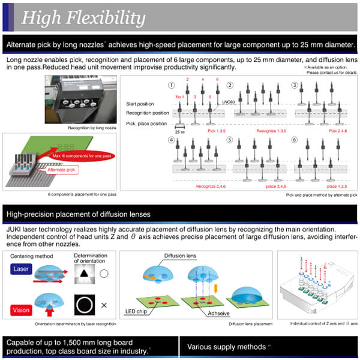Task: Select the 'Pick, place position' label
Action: [146, 123]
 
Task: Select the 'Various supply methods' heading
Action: [227, 346]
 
